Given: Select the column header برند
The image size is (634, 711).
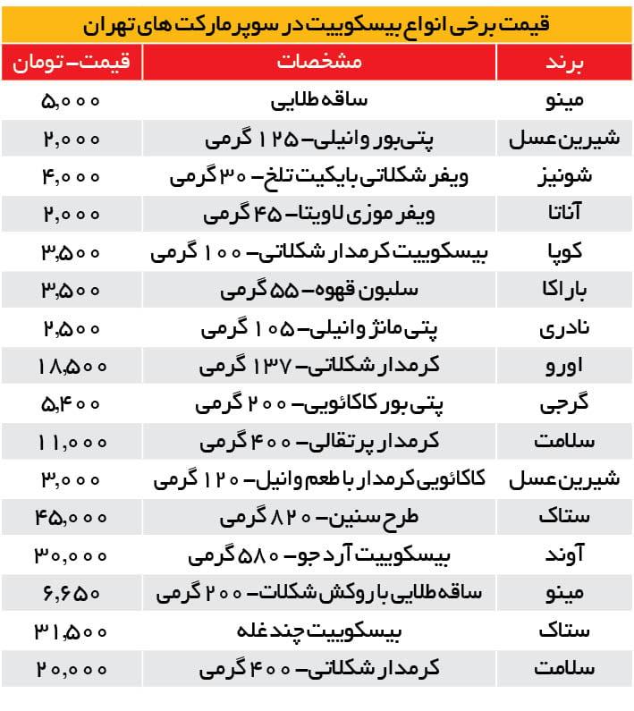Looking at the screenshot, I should (x=565, y=63).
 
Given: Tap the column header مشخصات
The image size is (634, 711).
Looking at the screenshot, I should (x=319, y=63).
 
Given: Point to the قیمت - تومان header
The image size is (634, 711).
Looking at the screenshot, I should (x=72, y=63).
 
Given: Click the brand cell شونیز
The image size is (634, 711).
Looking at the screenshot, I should (x=564, y=177).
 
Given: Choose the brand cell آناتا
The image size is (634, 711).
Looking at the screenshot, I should (x=564, y=216).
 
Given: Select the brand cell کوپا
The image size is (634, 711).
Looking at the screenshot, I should (x=564, y=254).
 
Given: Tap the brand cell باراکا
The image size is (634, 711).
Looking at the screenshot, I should (x=564, y=292).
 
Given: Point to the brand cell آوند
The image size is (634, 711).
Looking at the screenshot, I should (x=564, y=555).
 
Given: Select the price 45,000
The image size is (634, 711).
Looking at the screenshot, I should (x=72, y=518).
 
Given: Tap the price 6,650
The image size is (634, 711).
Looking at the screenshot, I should (x=72, y=593).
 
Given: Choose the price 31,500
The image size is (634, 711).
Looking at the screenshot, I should (x=72, y=631).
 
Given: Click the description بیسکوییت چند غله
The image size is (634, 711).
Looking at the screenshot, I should (x=318, y=631).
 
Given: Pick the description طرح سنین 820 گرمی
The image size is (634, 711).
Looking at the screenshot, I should (x=318, y=518).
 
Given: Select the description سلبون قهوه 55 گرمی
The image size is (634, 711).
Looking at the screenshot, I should (x=318, y=292).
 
